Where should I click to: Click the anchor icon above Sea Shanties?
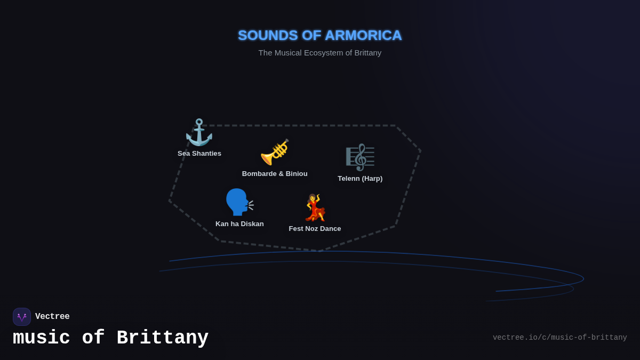[x=199, y=132]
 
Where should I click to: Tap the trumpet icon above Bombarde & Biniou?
[x=275, y=153]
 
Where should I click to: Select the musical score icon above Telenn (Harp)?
[x=360, y=157]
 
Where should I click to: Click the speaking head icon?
[x=239, y=202]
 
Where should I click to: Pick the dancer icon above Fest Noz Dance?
[x=315, y=207]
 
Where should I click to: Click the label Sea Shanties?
[x=199, y=154]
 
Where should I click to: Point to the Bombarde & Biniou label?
[x=275, y=174]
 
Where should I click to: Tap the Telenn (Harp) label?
[x=360, y=179]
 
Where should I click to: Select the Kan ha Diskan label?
[x=239, y=224]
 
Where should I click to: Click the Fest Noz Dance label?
[x=315, y=229]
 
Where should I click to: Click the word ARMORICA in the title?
[x=363, y=35]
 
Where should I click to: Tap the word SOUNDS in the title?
[x=268, y=35]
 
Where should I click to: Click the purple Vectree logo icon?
[x=22, y=317]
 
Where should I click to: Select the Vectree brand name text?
[x=52, y=317]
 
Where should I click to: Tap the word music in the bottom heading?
[x=42, y=338]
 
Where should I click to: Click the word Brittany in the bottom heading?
[x=162, y=338]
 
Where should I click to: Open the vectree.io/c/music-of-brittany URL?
[x=559, y=338]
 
